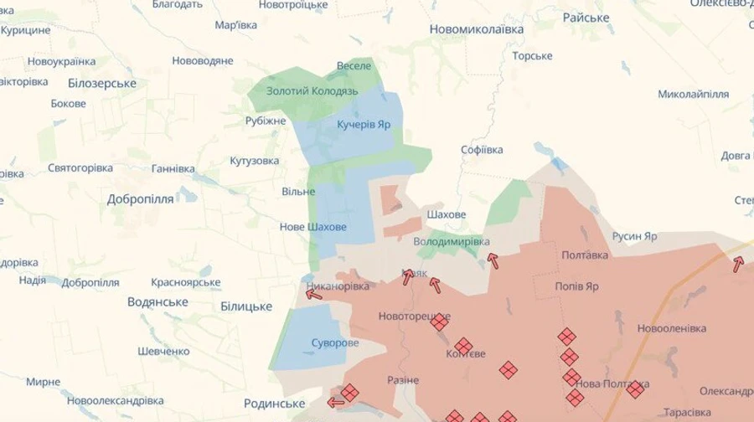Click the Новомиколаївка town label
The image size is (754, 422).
pyautogui.click(x=476, y=29)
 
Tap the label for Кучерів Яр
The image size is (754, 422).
pyautogui.click(x=363, y=124)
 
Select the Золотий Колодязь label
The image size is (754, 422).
pyautogui.click(x=312, y=90)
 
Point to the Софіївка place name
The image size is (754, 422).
pyautogui.click(x=482, y=150)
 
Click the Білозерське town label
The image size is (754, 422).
pyautogui.click(x=101, y=83)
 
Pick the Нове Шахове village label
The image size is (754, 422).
pyautogui.click(x=312, y=227)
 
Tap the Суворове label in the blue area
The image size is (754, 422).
pyautogui.click(x=335, y=342)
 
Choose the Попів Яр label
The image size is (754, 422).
pyautogui.click(x=576, y=286)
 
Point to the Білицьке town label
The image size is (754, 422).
pyautogui.click(x=246, y=307)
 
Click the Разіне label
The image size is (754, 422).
pyautogui.click(x=402, y=380)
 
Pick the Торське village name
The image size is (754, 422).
pyautogui.click(x=532, y=56)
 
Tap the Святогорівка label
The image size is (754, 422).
pyautogui.click(x=80, y=168)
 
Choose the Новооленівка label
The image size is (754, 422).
pyautogui.click(x=671, y=328)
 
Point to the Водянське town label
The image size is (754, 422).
pyautogui.click(x=158, y=301)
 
